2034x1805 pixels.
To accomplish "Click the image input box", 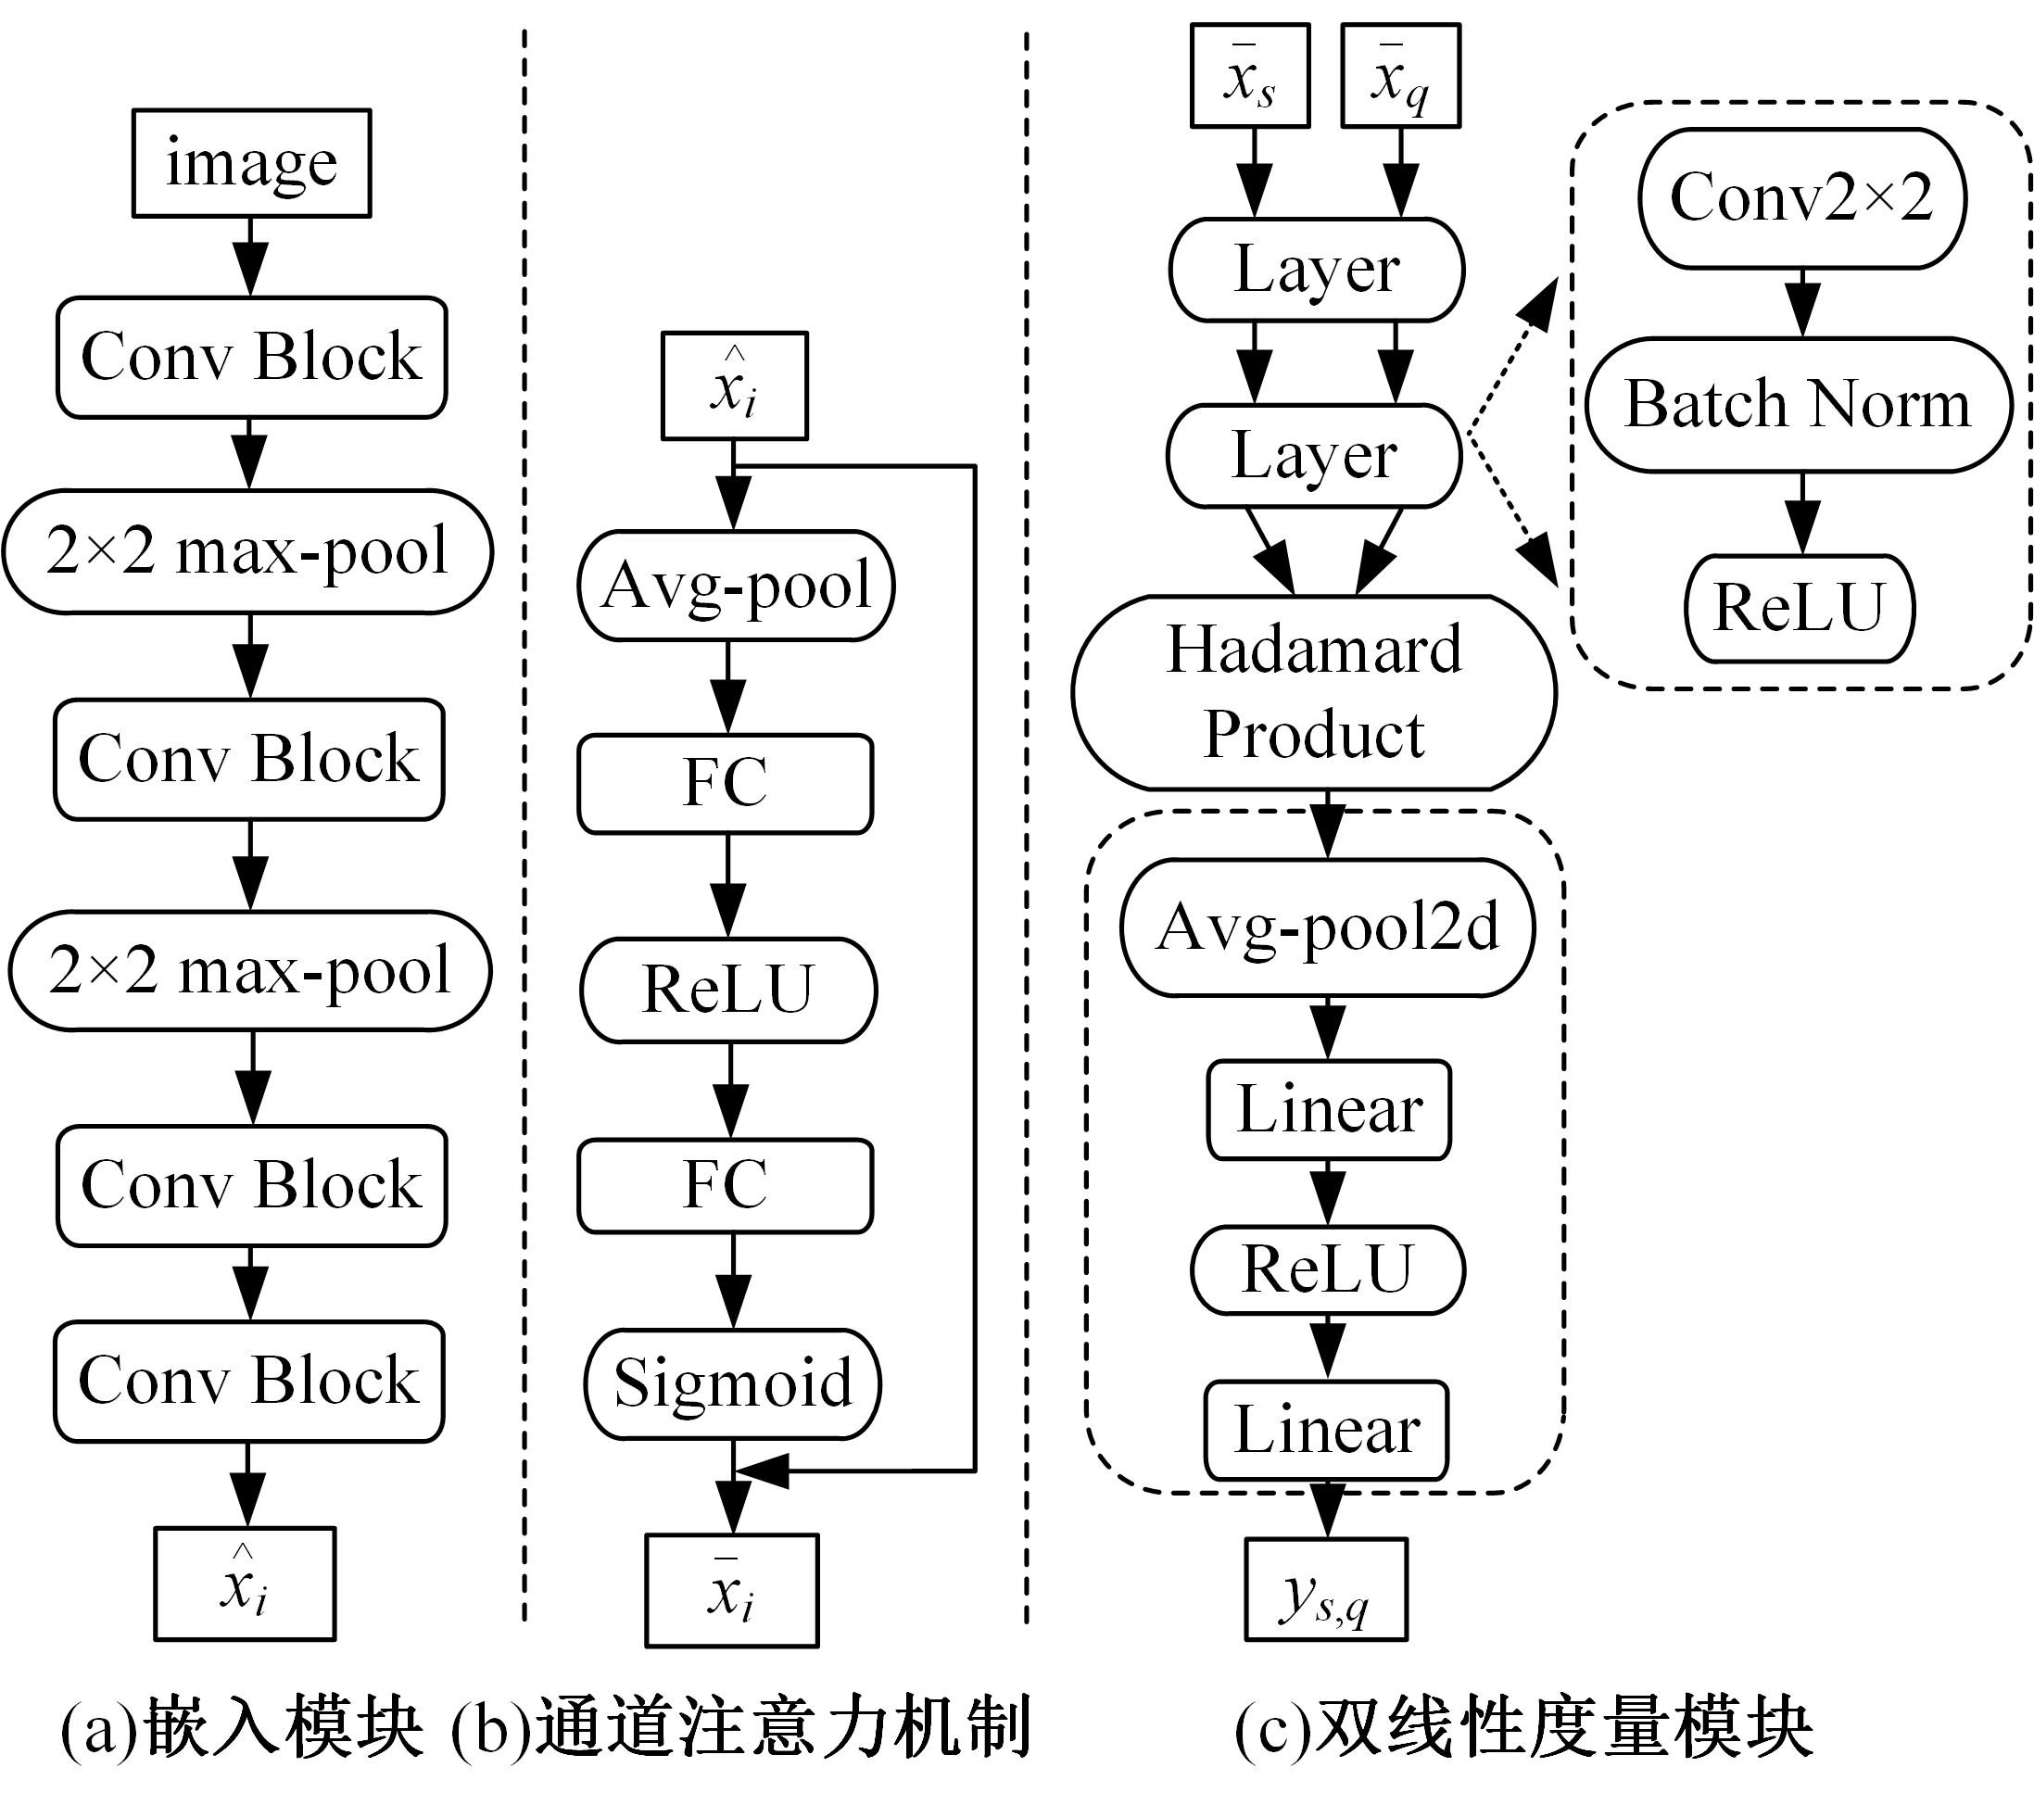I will (x=252, y=163).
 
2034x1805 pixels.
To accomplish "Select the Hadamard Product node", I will (x=1314, y=692).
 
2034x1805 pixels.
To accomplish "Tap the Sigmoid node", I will (x=733, y=1383).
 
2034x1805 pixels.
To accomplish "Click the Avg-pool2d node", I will (x=1328, y=928).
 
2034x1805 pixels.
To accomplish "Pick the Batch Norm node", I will (x=1798, y=404).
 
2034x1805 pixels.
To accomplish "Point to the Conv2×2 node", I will (x=1801, y=197).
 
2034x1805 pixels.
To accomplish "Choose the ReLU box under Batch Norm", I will (x=1800, y=608).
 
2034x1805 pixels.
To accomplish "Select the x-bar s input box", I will (x=1250, y=77).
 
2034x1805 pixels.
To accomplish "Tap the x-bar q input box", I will (x=1401, y=77).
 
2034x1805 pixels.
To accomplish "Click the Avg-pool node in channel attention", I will (x=737, y=585).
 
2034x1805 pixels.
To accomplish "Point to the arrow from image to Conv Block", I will (x=251, y=257).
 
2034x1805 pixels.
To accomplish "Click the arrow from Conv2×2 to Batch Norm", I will (x=1802, y=304).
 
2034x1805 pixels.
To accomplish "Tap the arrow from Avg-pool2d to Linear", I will (x=1328, y=1029).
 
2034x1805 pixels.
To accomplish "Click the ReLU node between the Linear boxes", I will (x=1328, y=1269).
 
